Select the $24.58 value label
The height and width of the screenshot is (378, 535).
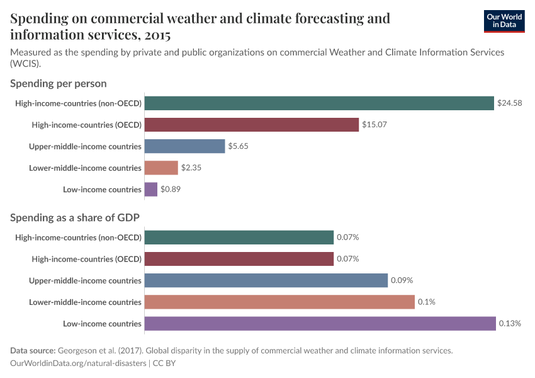pos(509,103)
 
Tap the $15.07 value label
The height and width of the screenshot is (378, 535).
pos(374,125)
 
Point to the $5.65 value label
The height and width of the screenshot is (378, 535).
pos(239,146)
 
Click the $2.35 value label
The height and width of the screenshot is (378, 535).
pos(191,168)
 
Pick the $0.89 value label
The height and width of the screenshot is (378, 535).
pos(171,190)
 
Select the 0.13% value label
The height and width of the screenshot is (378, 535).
pos(510,324)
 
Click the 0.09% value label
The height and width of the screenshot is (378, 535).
pos(402,280)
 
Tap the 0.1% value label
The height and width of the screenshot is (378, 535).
pos(426,302)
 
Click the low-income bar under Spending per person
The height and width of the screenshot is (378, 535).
pos(151,190)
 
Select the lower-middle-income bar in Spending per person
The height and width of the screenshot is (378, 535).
pos(161,168)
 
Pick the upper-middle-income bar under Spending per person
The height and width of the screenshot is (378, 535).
pos(184,146)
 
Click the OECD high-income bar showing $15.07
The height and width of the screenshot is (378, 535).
pos(252,125)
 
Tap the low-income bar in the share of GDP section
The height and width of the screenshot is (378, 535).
pos(320,324)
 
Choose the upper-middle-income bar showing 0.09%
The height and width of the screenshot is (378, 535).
pos(266,280)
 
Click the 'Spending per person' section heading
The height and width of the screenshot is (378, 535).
pos(59,83)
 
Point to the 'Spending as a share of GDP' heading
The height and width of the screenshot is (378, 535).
pos(75,217)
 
